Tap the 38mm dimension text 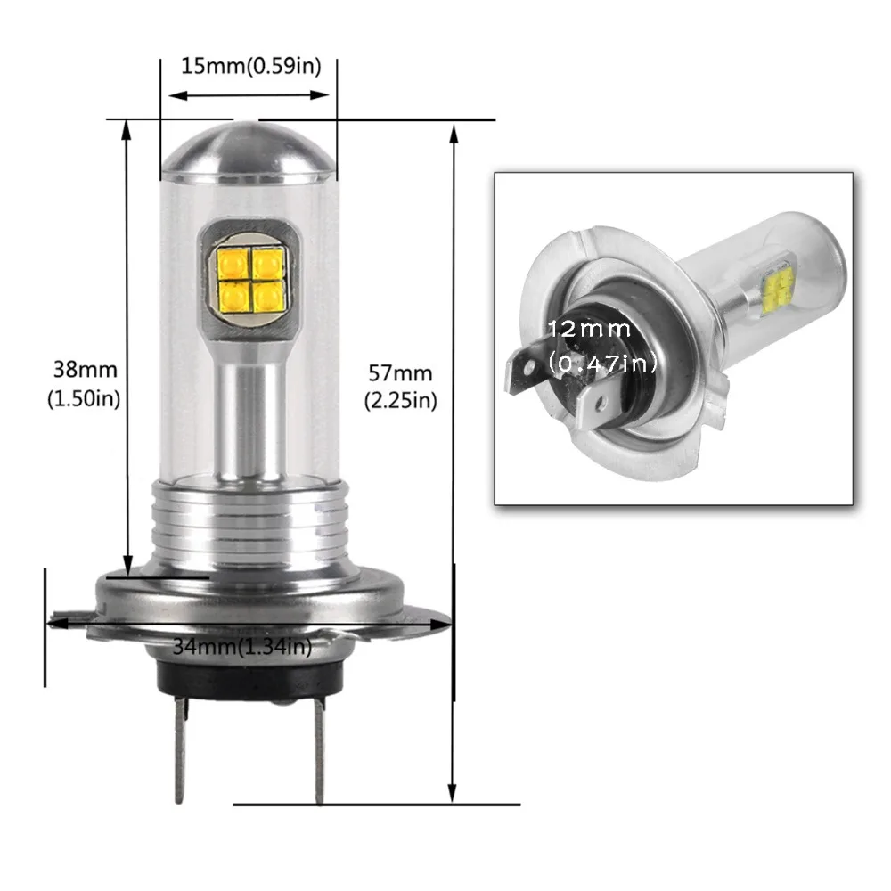tap(84, 368)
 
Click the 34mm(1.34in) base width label tap(241, 647)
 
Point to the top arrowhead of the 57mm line tap(454, 134)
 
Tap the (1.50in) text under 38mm tap(84, 399)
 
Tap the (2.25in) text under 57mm tap(400, 401)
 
